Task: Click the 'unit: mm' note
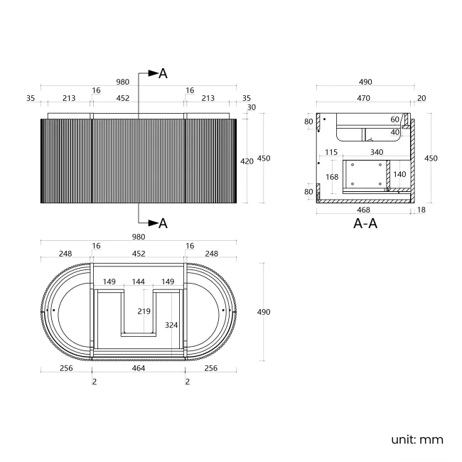417,439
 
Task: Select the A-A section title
365,223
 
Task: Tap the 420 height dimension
247,161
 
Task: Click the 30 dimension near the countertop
252,107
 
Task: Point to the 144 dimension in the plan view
138,281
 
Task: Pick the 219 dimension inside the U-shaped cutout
144,311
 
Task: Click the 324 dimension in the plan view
171,325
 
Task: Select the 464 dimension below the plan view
139,368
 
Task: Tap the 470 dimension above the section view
363,98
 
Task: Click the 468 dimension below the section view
363,210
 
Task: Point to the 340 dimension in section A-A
377,152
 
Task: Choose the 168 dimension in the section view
332,177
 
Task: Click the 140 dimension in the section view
399,174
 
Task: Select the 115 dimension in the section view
331,152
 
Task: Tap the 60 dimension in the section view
394,119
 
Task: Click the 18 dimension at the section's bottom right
421,210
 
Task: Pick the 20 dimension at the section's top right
421,98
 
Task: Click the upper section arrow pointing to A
154,73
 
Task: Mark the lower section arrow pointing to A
154,222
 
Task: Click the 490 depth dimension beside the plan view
264,312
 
